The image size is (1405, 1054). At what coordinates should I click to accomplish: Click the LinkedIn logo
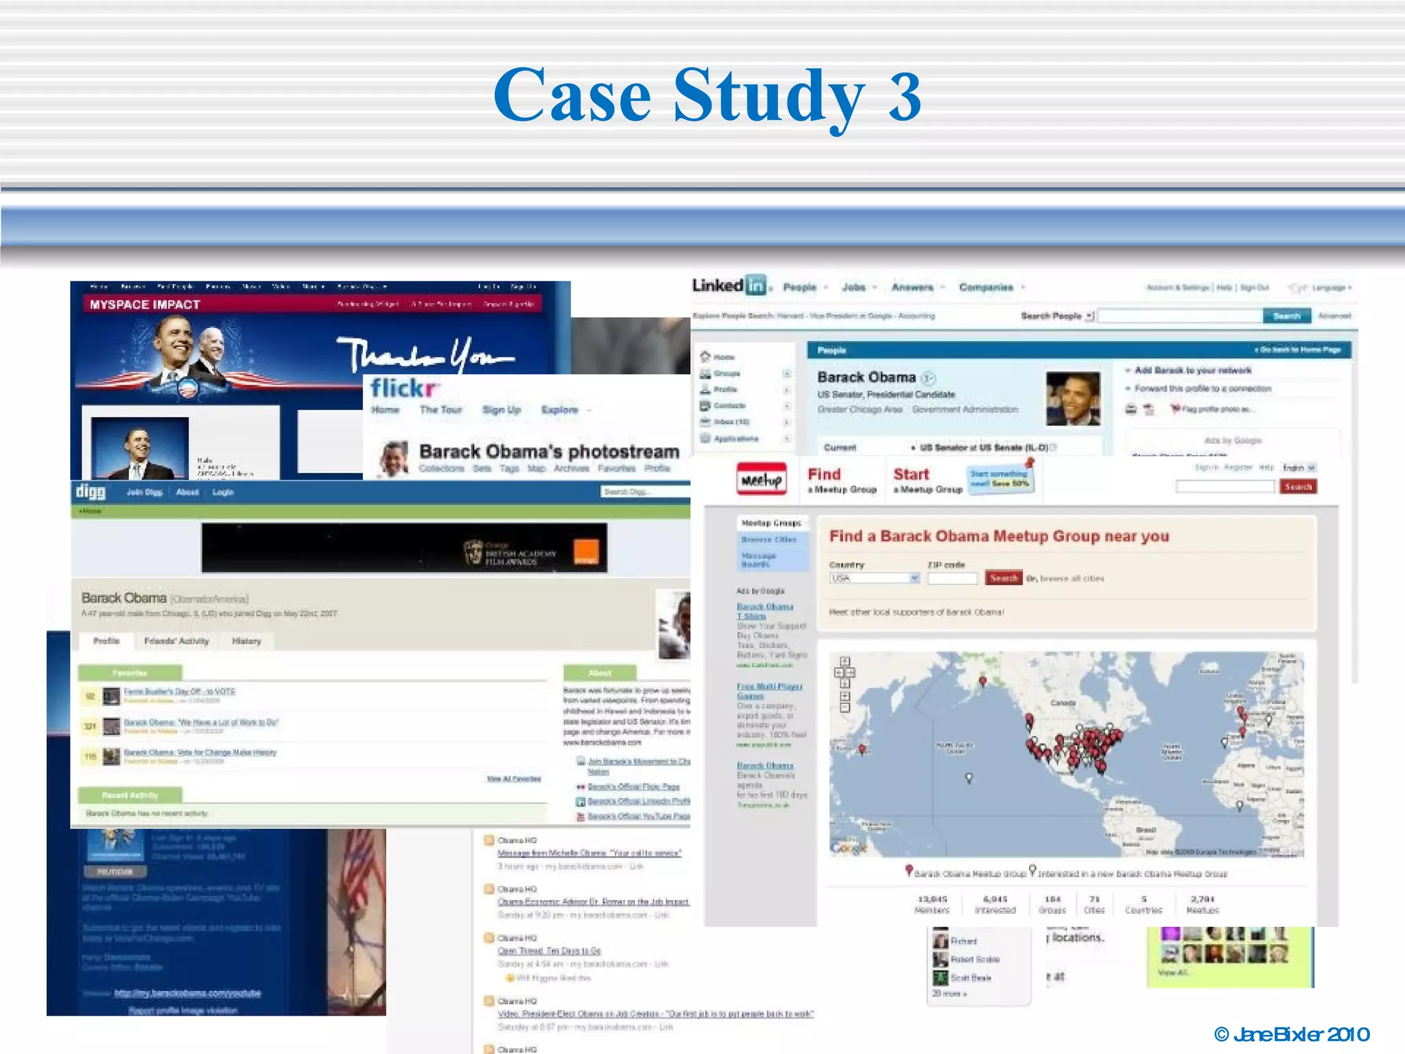tap(730, 285)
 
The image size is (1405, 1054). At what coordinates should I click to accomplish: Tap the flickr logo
tap(404, 388)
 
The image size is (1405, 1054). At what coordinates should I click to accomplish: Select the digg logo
tap(91, 491)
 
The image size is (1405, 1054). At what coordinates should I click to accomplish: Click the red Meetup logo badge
tap(761, 479)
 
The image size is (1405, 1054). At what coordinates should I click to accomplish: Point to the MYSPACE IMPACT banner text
tap(145, 305)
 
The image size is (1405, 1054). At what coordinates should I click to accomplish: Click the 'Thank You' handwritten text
tap(425, 354)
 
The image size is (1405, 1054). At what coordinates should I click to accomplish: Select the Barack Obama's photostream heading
tap(549, 452)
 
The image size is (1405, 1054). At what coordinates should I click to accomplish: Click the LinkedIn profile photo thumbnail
tap(1072, 398)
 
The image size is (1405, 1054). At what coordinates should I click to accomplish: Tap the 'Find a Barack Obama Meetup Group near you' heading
tap(999, 536)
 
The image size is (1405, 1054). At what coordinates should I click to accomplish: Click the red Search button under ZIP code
tap(1003, 578)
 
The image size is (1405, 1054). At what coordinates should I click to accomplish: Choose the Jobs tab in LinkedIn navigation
tap(853, 288)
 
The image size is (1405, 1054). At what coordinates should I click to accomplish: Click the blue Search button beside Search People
tap(1286, 316)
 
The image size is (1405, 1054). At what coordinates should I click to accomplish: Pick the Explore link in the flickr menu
tap(560, 410)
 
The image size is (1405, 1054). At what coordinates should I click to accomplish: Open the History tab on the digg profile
tap(246, 641)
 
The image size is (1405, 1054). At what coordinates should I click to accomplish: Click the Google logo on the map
tap(849, 848)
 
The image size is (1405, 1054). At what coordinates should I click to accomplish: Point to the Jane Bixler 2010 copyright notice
tap(1292, 1034)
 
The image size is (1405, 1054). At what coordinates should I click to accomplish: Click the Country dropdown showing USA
tap(874, 578)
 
